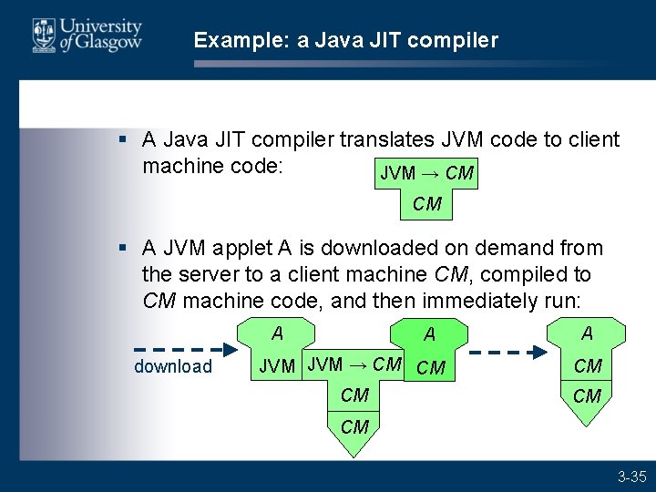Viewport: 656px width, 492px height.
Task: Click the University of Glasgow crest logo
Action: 43,36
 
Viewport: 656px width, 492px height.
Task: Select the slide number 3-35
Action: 631,477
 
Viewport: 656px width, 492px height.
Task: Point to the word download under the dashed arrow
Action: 173,367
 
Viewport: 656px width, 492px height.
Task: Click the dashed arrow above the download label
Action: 178,348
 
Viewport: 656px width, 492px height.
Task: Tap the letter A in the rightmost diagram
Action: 588,333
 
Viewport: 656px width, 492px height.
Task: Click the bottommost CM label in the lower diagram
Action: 354,427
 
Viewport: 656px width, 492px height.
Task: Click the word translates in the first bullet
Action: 385,139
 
